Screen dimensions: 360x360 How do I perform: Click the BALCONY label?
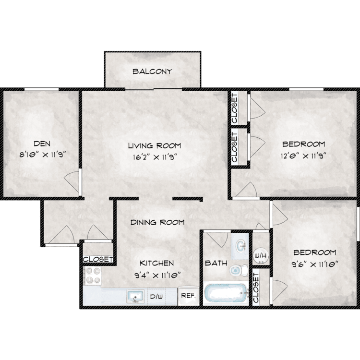(x=152, y=72)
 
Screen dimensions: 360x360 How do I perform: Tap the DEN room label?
(x=42, y=144)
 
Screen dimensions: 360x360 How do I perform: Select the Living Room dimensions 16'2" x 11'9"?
(x=155, y=157)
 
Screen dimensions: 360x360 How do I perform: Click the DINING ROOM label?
(x=157, y=222)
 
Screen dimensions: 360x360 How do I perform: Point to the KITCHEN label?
(x=157, y=263)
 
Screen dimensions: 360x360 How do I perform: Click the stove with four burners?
(x=92, y=276)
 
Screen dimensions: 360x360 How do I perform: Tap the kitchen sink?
(x=135, y=297)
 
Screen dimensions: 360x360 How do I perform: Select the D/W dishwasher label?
(x=156, y=297)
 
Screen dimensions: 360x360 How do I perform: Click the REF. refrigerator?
(x=189, y=296)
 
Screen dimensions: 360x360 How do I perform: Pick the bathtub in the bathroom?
(x=226, y=294)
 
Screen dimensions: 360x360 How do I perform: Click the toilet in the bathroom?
(x=239, y=270)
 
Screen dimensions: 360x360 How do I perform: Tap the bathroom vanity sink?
(x=241, y=245)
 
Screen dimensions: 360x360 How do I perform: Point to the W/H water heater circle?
(x=261, y=255)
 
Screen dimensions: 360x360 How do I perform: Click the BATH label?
(x=216, y=263)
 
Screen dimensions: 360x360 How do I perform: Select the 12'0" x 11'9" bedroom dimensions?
(x=303, y=156)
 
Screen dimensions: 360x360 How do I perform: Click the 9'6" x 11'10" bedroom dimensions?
(x=315, y=264)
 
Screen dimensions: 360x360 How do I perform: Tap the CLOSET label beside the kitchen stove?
(x=98, y=259)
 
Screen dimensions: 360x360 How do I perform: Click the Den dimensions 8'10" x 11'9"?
(x=43, y=155)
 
